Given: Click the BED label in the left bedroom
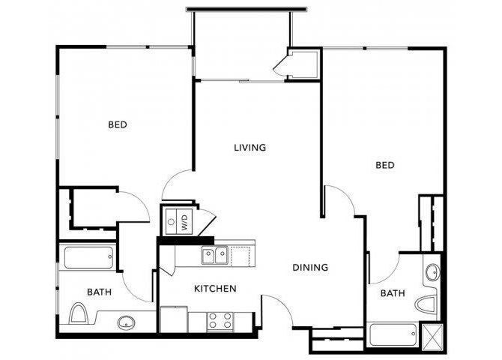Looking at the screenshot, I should (x=117, y=125).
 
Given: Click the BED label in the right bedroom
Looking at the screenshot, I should (x=385, y=165).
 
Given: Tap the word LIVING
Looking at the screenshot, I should (x=250, y=148).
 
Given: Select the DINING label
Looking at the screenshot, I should (x=309, y=267).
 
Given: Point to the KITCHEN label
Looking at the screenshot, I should (x=216, y=289).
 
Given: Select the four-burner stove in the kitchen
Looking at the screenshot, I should (x=220, y=320).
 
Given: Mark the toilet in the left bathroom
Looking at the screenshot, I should (x=80, y=313).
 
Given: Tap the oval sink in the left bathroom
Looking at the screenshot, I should (x=127, y=323).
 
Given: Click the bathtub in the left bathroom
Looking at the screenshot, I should (x=88, y=259).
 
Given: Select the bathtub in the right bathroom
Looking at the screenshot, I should (x=393, y=334).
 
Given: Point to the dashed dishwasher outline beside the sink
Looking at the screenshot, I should (x=242, y=256).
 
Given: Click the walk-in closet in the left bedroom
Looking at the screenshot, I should (x=92, y=206).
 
